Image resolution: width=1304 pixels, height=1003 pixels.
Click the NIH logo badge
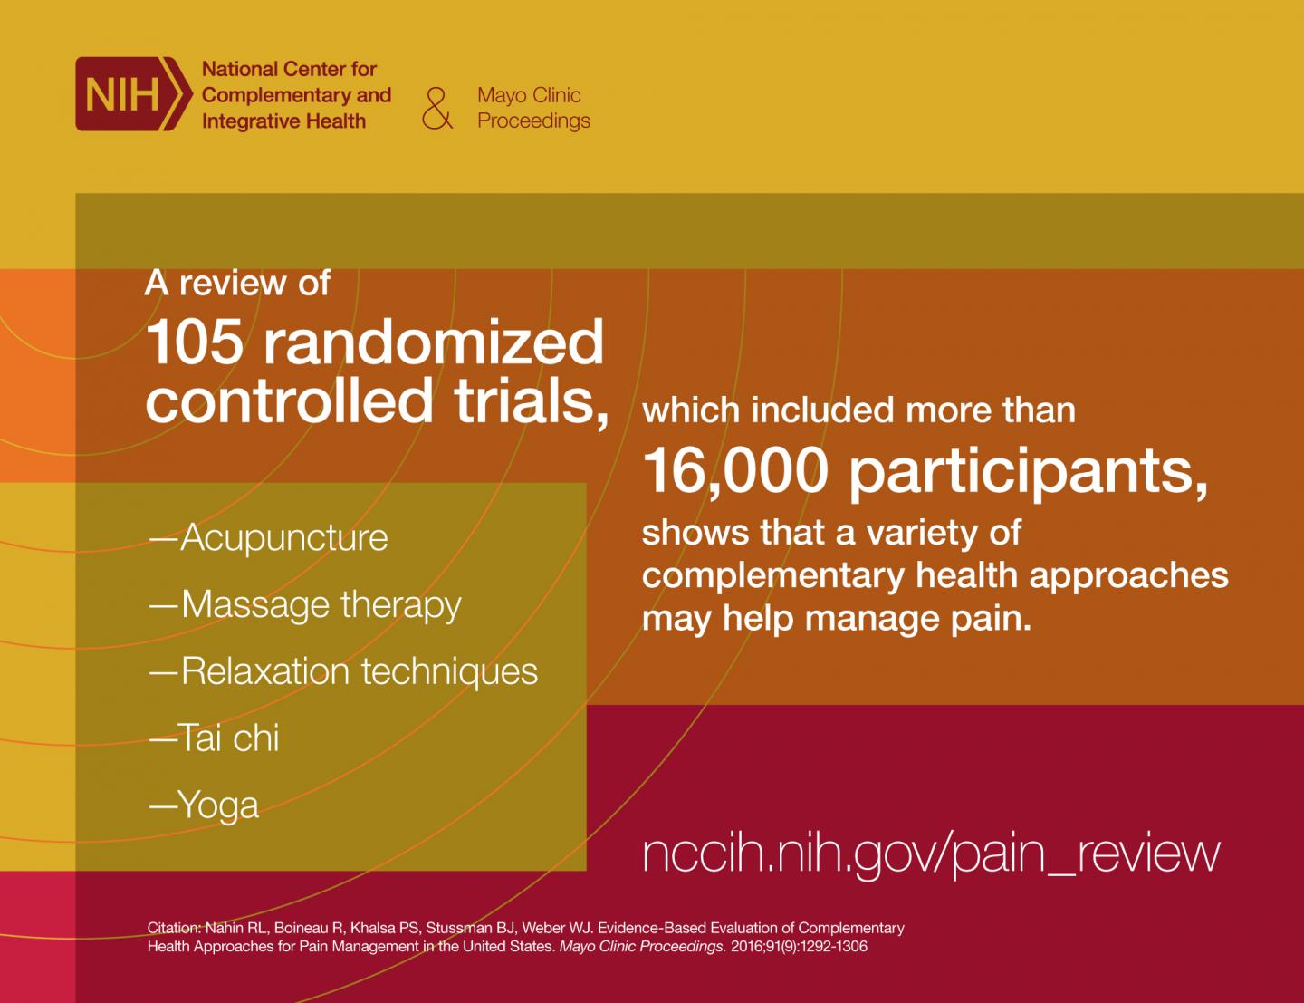click(134, 93)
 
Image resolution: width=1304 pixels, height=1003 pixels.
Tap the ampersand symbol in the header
click(437, 109)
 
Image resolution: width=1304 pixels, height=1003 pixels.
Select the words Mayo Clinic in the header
click(529, 95)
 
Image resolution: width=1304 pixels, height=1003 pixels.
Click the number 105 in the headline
click(195, 342)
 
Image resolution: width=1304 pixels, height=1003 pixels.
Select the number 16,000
click(735, 472)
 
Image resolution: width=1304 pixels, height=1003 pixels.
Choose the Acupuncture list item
click(268, 537)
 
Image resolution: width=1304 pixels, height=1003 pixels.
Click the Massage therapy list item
click(305, 605)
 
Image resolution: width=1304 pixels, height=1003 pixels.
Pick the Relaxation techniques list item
click(343, 671)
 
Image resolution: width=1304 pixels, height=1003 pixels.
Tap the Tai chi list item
click(214, 738)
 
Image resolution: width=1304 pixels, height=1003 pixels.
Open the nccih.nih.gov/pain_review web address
click(931, 854)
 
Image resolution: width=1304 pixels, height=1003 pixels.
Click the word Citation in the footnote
click(174, 928)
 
